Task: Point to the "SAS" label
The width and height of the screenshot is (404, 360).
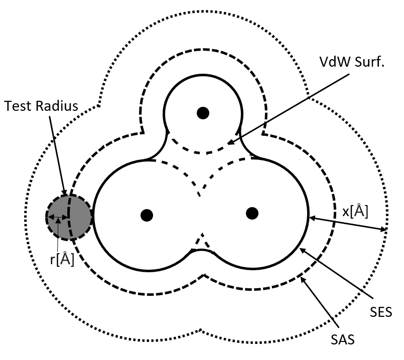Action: click(343, 339)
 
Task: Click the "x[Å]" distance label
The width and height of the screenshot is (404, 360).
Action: click(355, 212)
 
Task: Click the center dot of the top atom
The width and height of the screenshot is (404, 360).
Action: click(202, 113)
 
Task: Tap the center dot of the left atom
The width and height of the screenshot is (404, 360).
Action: click(147, 215)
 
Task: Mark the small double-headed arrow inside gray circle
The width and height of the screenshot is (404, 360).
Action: click(57, 218)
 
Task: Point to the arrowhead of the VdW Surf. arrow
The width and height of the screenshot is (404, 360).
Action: click(229, 143)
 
